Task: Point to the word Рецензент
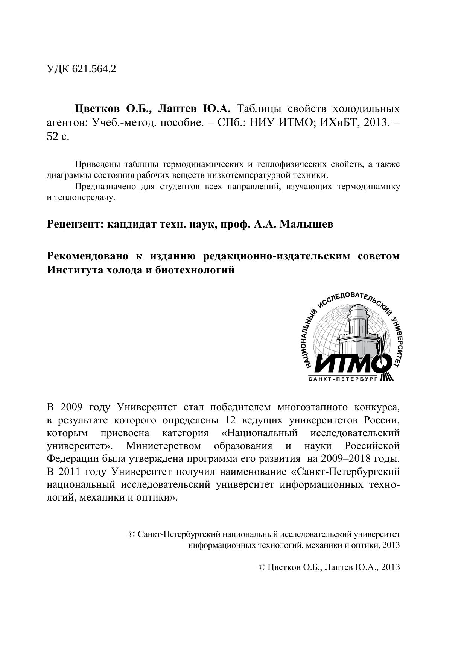point(74,225)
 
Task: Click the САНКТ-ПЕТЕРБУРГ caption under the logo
point(342,379)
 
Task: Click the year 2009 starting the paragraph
point(71,407)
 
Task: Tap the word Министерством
point(163,446)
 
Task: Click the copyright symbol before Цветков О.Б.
point(262,567)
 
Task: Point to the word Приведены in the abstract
point(97,164)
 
